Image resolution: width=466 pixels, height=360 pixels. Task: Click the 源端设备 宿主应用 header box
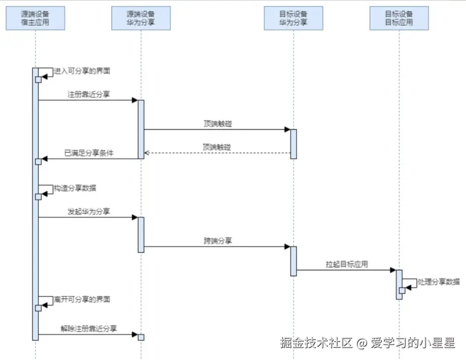pos(36,18)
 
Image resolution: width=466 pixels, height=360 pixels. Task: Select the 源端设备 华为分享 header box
pos(141,18)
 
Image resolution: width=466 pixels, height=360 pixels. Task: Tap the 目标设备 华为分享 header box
pos(293,18)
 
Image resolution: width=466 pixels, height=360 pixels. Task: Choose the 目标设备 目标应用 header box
pos(399,18)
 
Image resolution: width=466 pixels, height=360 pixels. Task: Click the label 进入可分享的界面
pos(82,71)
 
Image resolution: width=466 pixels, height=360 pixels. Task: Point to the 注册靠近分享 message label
pos(89,94)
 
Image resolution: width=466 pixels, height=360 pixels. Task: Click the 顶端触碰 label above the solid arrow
pos(218,124)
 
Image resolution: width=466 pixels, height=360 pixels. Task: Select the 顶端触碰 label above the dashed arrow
pos(218,147)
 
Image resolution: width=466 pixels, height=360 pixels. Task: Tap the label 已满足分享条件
pos(89,153)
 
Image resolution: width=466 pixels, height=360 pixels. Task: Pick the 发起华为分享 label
pos(89,211)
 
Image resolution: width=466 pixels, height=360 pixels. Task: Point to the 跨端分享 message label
pos(218,240)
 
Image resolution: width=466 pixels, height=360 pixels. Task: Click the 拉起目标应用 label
pos(347,264)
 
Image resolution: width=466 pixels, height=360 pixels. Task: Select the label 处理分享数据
pos(439,281)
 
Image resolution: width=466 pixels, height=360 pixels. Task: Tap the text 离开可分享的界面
pos(82,299)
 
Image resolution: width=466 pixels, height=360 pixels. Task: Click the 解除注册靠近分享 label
pos(89,328)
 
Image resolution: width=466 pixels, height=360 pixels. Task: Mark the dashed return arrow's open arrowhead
pos(147,153)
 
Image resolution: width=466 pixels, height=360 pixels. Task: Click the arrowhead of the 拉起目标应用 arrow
pos(392,270)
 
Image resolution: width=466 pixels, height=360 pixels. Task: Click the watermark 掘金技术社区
pos(316,343)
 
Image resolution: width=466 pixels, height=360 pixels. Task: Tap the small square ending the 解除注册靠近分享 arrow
pos(141,337)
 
